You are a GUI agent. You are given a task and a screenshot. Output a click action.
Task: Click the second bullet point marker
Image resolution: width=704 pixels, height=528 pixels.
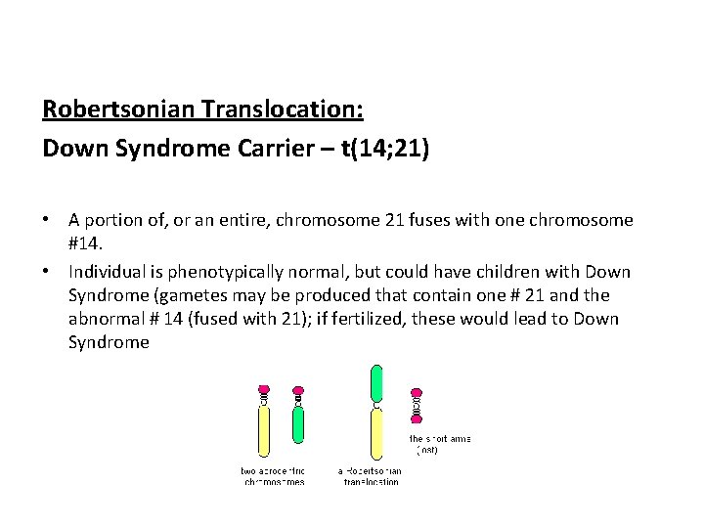pyautogui.click(x=48, y=272)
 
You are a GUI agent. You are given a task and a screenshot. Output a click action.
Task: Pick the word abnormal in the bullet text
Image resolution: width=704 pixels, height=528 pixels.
pyautogui.click(x=101, y=319)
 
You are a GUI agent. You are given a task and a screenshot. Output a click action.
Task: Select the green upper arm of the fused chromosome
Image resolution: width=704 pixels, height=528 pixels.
pyautogui.click(x=376, y=382)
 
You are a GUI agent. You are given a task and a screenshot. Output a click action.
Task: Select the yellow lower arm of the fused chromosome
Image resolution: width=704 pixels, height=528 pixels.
pyautogui.click(x=376, y=436)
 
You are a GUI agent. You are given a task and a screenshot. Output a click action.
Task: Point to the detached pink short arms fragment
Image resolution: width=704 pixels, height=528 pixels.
pyautogui.click(x=418, y=401)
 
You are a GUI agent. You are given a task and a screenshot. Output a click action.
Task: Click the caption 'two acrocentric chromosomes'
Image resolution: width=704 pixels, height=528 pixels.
pyautogui.click(x=273, y=476)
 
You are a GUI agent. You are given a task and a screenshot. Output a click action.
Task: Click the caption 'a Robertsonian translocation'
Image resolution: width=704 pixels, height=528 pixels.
pyautogui.click(x=369, y=476)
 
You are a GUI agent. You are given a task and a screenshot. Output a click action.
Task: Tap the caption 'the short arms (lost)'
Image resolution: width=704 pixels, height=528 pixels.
pyautogui.click(x=439, y=445)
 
